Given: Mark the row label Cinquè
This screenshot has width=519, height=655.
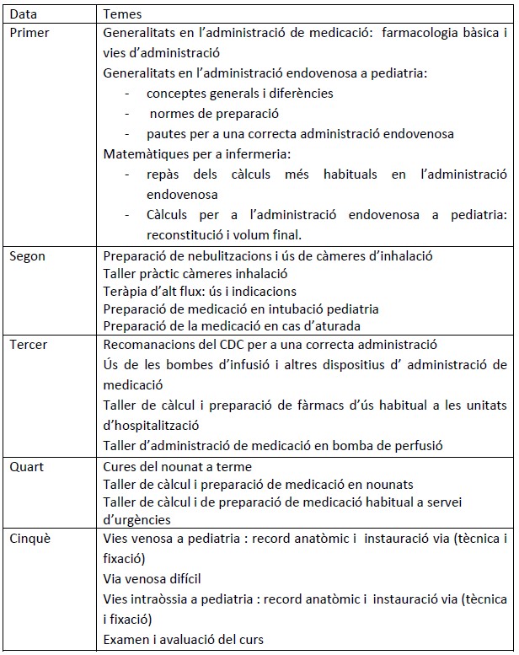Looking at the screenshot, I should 29,537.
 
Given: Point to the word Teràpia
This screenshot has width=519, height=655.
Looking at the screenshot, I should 125,291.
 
